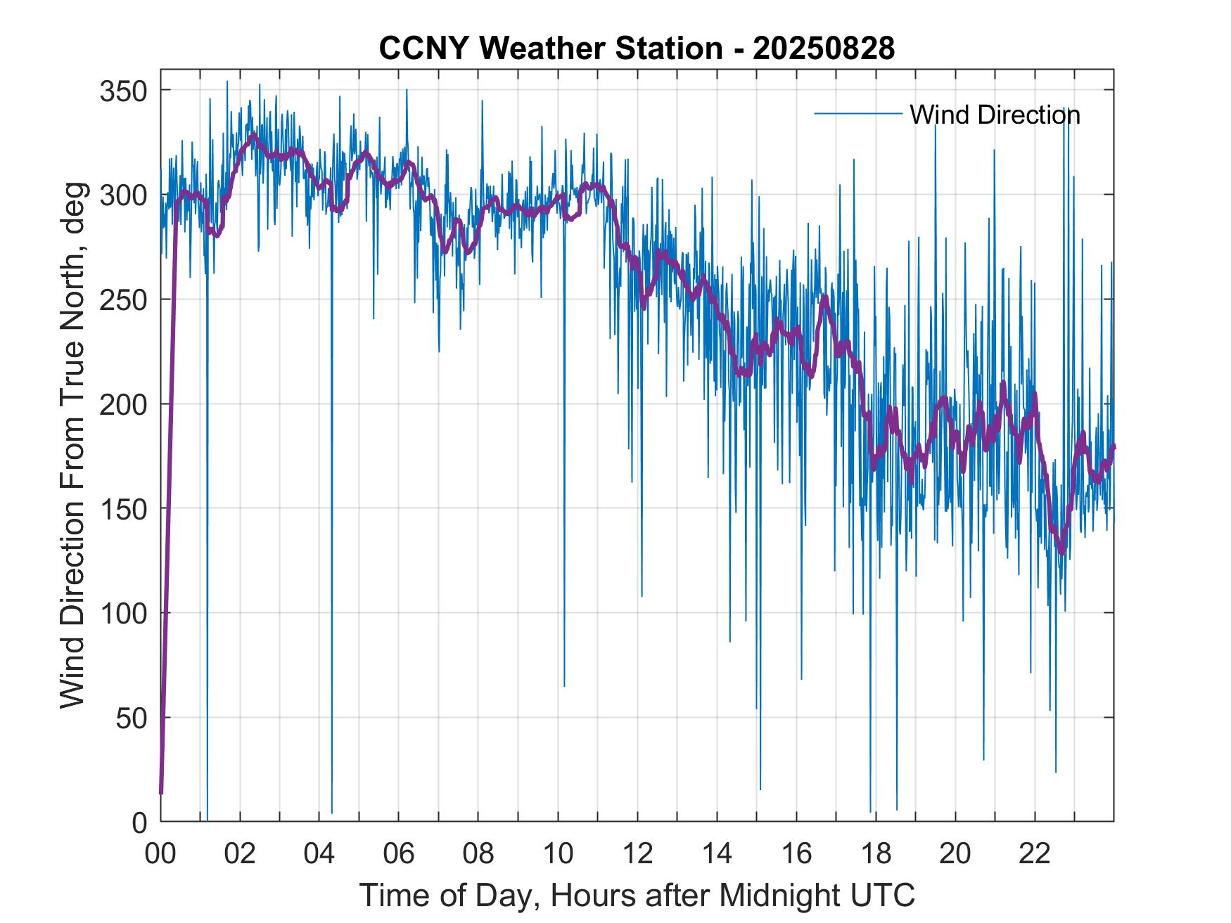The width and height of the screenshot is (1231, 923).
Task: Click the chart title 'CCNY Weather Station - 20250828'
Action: (637, 49)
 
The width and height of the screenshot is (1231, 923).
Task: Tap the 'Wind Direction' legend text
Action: (995, 115)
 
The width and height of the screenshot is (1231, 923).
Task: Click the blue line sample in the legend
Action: (857, 114)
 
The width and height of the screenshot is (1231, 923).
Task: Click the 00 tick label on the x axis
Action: (160, 854)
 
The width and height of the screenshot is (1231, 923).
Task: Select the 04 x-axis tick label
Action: (319, 854)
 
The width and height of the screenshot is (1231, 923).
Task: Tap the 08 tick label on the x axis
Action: (478, 854)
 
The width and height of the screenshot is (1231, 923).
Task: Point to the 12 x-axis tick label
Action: (637, 854)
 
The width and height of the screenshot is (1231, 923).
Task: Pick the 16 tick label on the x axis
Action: (796, 854)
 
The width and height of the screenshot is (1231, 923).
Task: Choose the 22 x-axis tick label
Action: (1035, 854)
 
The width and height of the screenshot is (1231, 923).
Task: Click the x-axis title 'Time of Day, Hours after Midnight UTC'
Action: (637, 896)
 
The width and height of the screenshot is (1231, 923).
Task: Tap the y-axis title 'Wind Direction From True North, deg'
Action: (72, 445)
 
